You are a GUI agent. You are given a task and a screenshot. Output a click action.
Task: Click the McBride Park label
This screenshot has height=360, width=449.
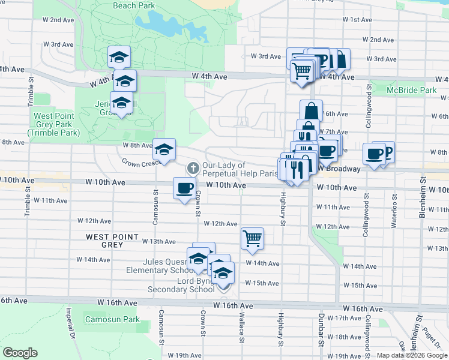click(412, 90)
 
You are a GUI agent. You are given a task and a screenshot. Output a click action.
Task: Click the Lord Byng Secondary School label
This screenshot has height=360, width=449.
click(180, 285)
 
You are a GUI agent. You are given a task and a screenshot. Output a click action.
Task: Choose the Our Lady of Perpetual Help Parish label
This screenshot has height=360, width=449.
click(240, 169)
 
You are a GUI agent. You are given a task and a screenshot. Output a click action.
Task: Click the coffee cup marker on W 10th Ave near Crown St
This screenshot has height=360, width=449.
click(184, 188)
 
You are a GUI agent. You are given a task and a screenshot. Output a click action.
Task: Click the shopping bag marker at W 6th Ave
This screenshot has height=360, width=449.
click(311, 110)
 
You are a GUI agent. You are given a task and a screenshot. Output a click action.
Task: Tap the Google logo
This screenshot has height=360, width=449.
click(20, 353)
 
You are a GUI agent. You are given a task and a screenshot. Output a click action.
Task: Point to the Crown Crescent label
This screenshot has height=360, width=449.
click(140, 163)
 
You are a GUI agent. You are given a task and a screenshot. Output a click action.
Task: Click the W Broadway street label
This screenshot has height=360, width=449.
click(342, 169)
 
